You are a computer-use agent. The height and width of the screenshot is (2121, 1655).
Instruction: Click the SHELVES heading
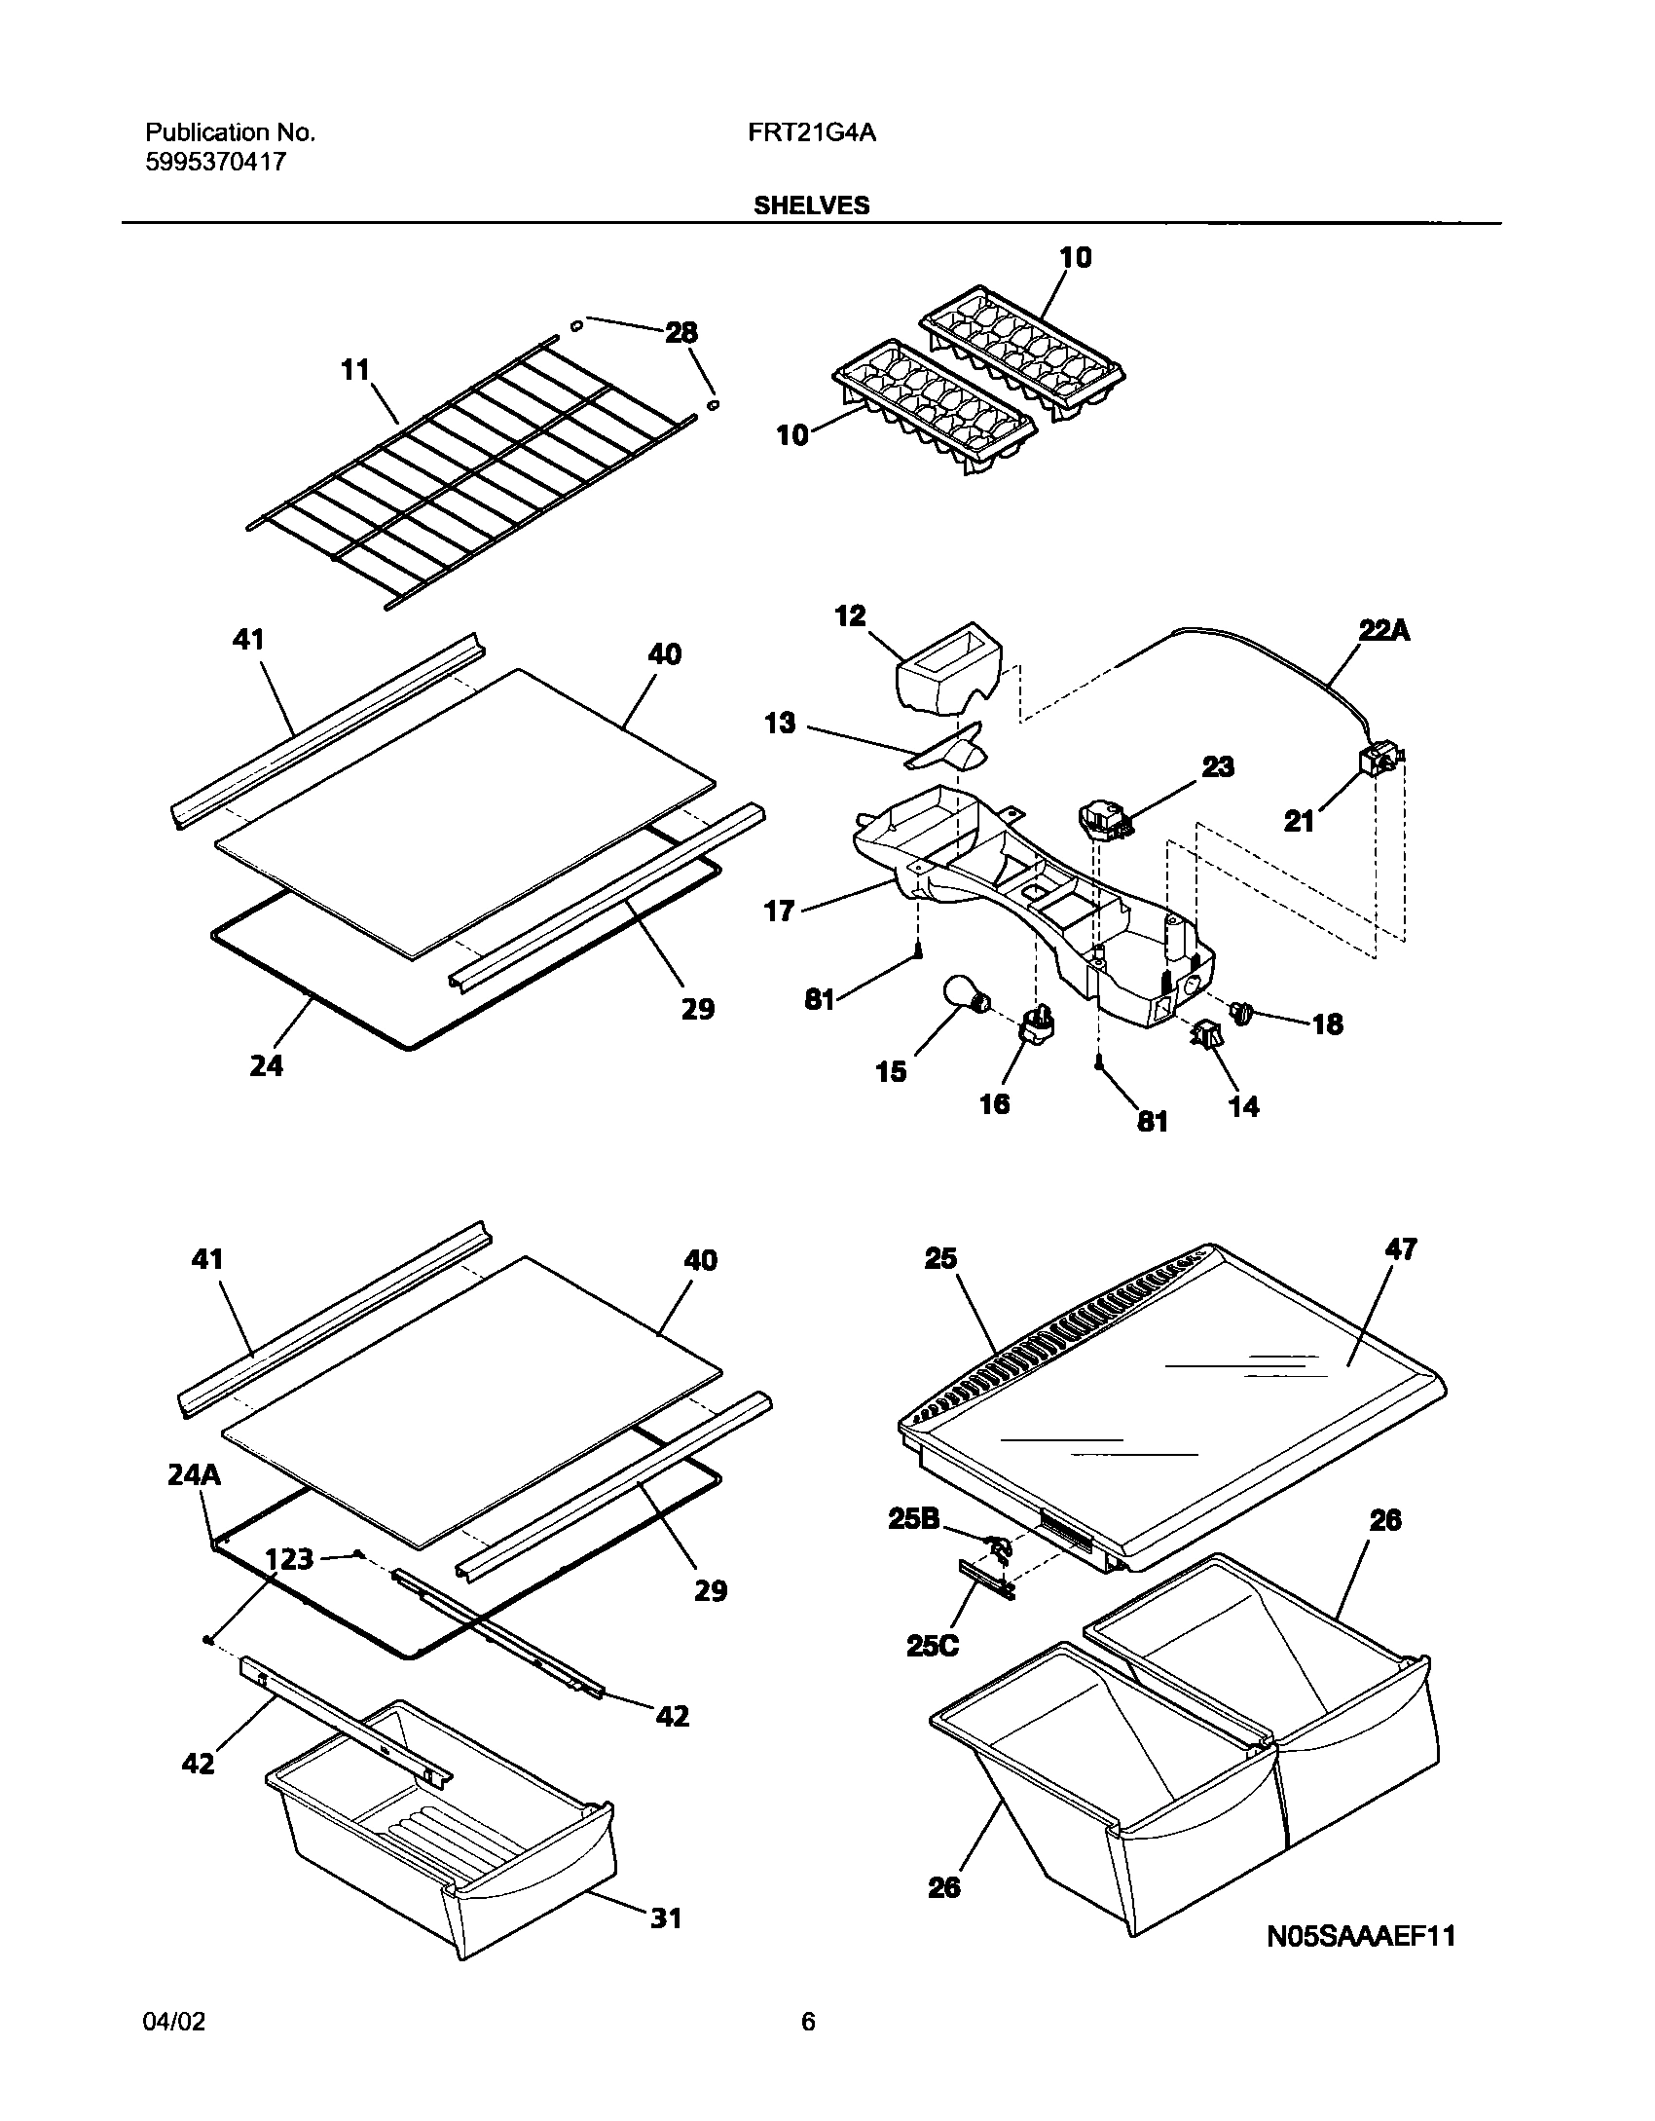pyautogui.click(x=811, y=205)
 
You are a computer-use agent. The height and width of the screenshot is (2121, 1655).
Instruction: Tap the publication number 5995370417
pyautogui.click(x=216, y=162)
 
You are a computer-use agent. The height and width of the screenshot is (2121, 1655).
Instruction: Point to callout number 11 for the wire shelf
pyautogui.click(x=355, y=370)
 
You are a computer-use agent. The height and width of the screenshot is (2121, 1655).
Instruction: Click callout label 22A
pyautogui.click(x=1384, y=631)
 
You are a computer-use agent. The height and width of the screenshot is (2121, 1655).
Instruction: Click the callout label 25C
pyautogui.click(x=932, y=1645)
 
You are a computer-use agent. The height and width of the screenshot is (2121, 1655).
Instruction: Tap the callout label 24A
pyautogui.click(x=194, y=1475)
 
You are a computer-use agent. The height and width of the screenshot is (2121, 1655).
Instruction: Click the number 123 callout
pyautogui.click(x=289, y=1559)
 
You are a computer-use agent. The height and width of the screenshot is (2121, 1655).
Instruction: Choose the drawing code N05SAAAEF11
pyautogui.click(x=1360, y=1935)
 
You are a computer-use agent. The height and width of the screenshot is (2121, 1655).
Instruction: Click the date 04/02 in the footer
pyautogui.click(x=174, y=2049)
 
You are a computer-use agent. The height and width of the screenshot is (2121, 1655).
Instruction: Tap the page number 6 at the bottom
pyautogui.click(x=808, y=2049)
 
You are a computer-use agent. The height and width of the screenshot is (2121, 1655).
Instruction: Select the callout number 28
pyautogui.click(x=680, y=333)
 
